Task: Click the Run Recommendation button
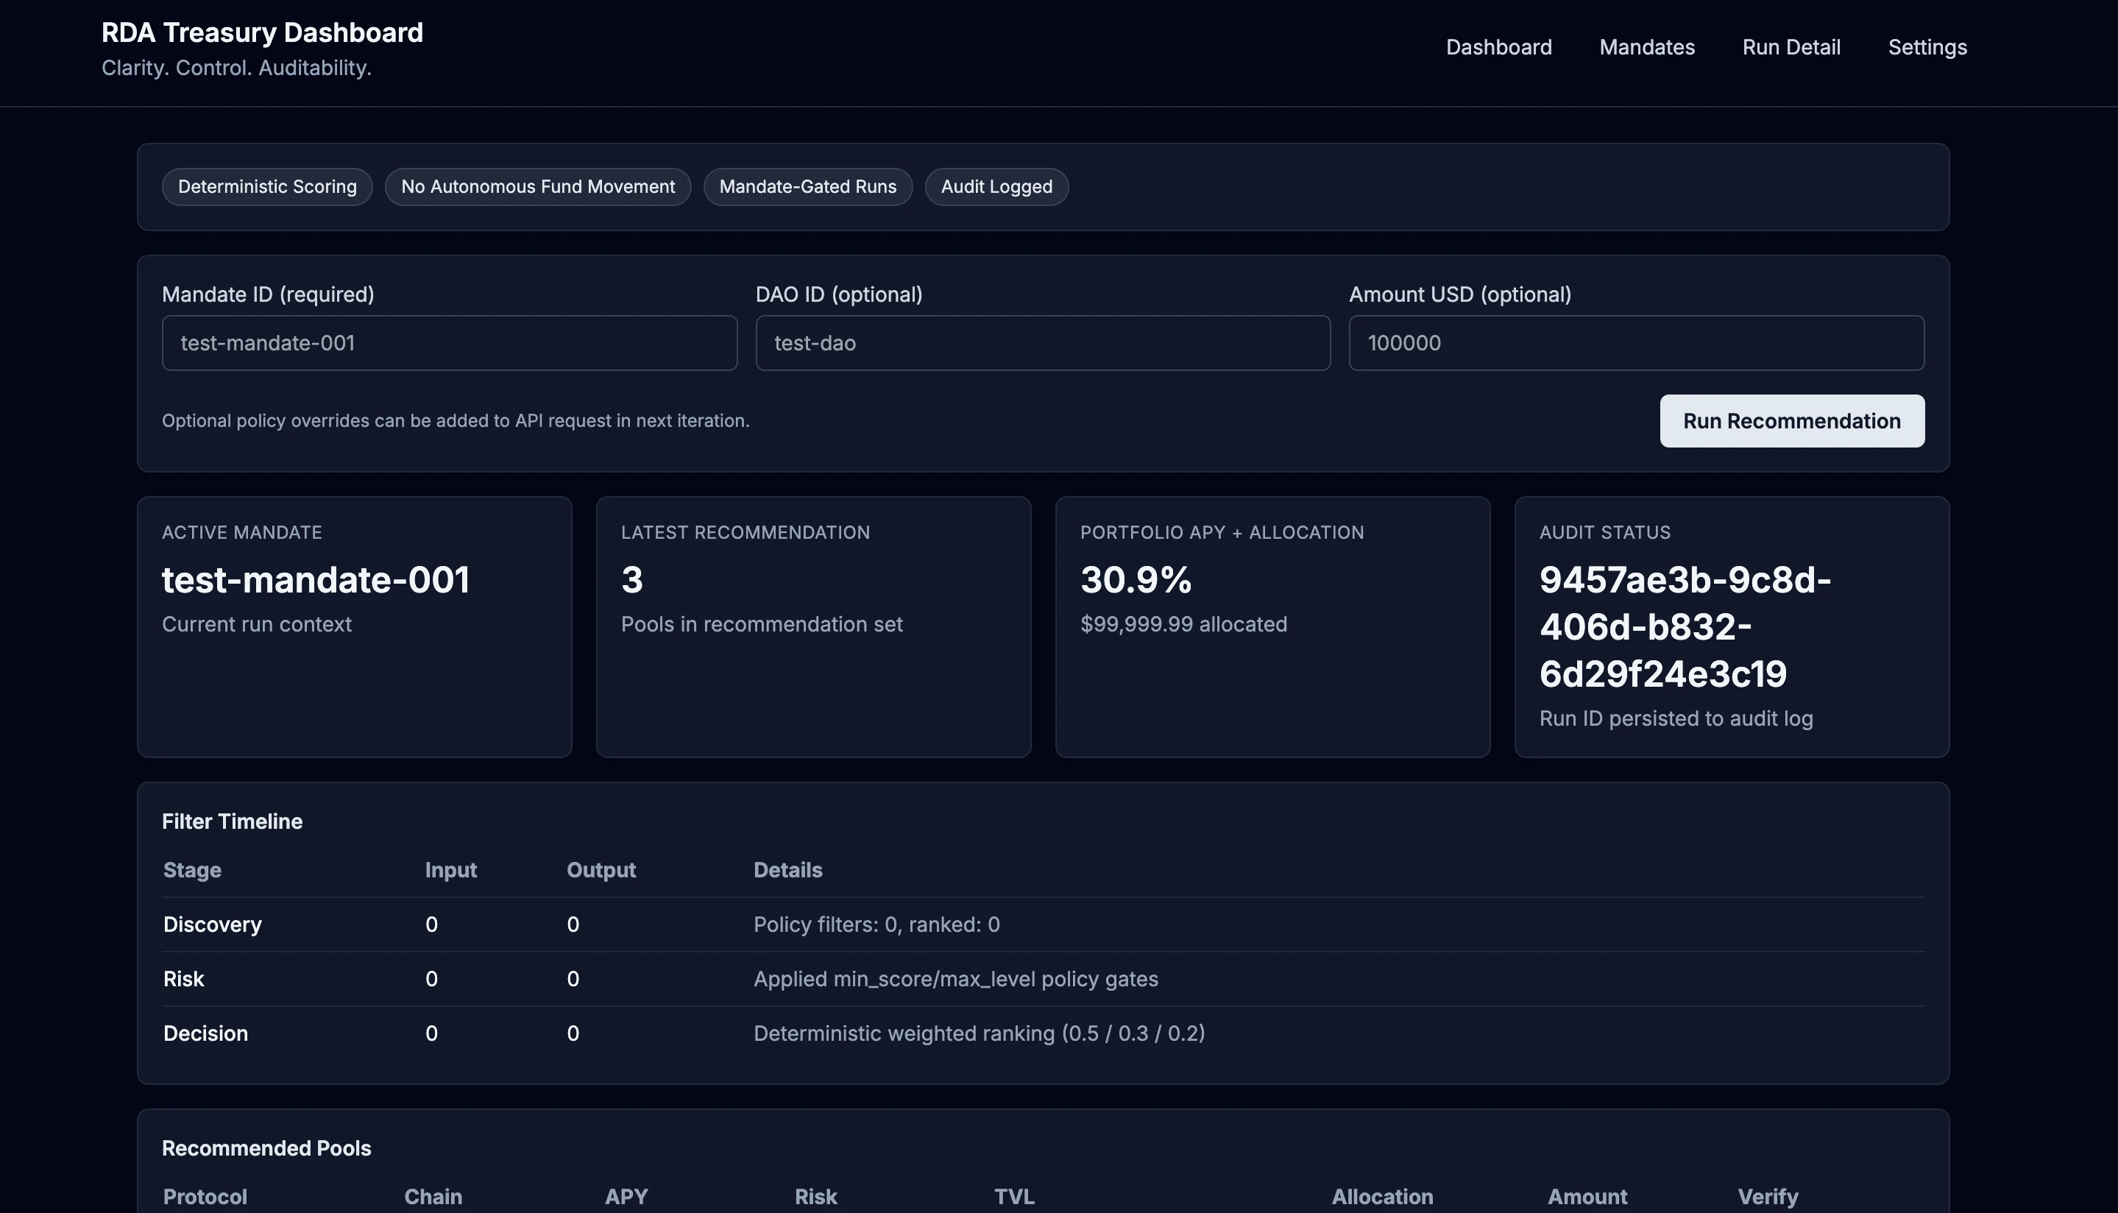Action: coord(1791,421)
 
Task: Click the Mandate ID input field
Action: coord(449,342)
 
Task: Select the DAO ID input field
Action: coord(1042,342)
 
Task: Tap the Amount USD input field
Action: coord(1636,342)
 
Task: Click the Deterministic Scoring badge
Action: coord(266,187)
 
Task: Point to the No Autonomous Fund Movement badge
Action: coord(538,187)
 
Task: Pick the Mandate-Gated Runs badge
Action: coord(807,187)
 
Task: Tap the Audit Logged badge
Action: coord(996,187)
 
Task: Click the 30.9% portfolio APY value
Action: coord(1136,580)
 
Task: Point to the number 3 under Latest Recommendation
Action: coord(632,580)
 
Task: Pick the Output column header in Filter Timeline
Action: coord(601,870)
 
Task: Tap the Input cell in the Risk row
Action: coord(431,979)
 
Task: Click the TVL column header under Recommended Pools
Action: coord(1013,1196)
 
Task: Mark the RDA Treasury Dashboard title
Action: coord(262,32)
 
